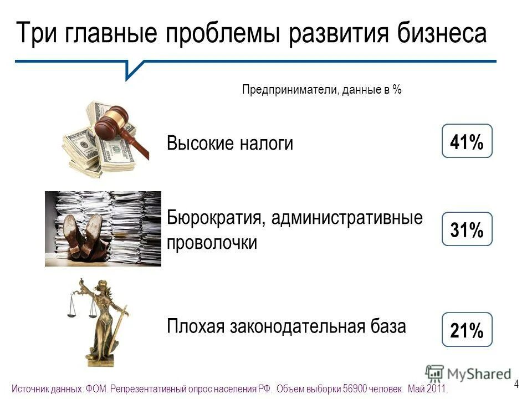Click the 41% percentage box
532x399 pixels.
[467, 141]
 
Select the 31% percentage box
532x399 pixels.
[467, 229]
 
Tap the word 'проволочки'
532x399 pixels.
[212, 242]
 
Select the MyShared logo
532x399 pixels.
[469, 373]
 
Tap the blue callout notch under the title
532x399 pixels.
[132, 69]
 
